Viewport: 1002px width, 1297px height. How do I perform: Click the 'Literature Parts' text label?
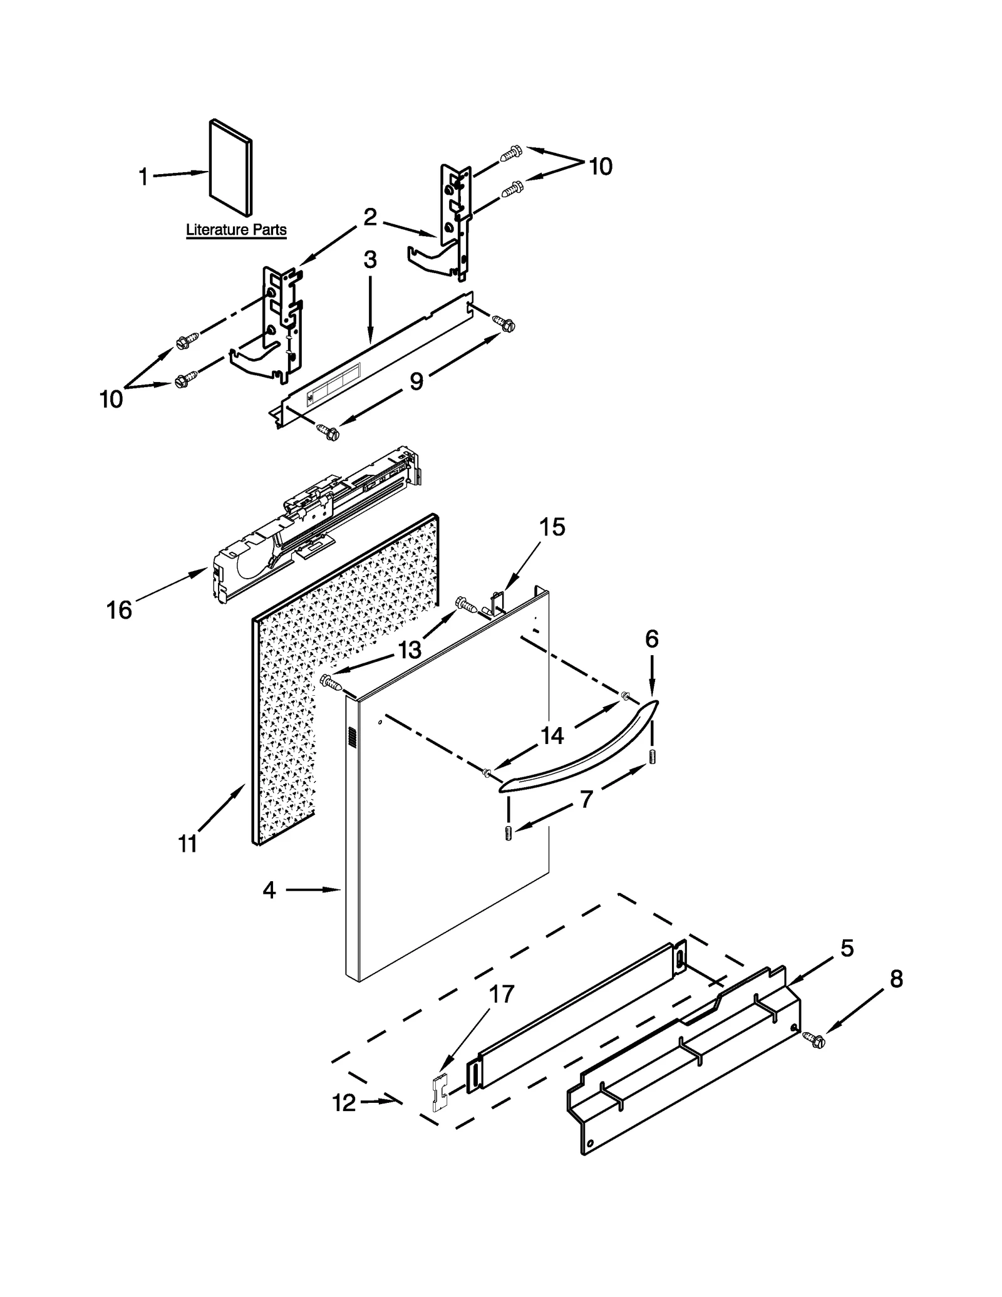point(236,230)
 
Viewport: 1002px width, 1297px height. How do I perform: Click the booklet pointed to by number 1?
point(230,166)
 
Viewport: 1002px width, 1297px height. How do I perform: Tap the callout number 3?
point(370,259)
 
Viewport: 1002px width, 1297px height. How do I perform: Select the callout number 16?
point(119,609)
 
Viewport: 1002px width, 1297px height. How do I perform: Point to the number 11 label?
point(187,844)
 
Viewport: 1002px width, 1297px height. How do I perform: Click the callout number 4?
point(269,889)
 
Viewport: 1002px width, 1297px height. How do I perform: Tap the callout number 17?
point(502,994)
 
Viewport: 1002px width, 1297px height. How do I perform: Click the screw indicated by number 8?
point(816,1041)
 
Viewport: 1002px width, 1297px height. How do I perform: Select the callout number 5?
point(847,948)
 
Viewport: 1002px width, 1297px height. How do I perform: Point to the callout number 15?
point(552,527)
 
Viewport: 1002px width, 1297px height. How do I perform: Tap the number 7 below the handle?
point(586,799)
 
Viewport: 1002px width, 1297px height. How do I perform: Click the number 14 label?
point(552,735)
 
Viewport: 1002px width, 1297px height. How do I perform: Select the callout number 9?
point(416,381)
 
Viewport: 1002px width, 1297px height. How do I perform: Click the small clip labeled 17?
point(440,1093)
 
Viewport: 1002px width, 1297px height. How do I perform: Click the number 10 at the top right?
point(600,166)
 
